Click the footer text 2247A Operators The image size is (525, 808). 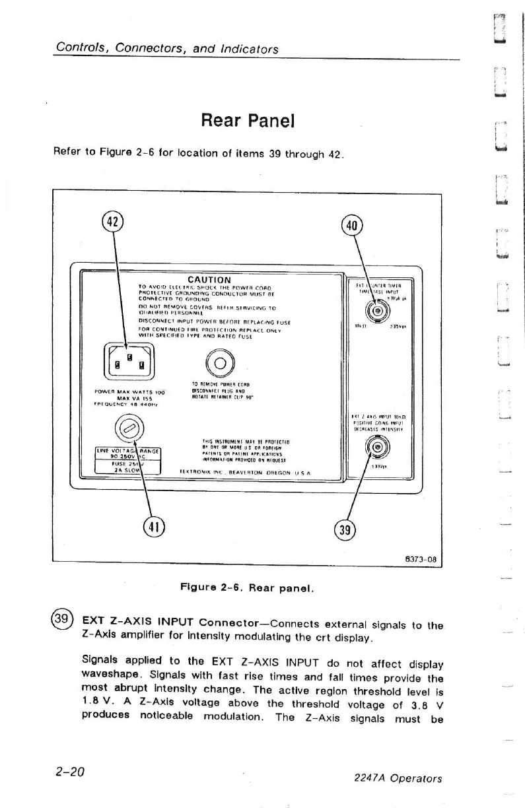click(x=400, y=778)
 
